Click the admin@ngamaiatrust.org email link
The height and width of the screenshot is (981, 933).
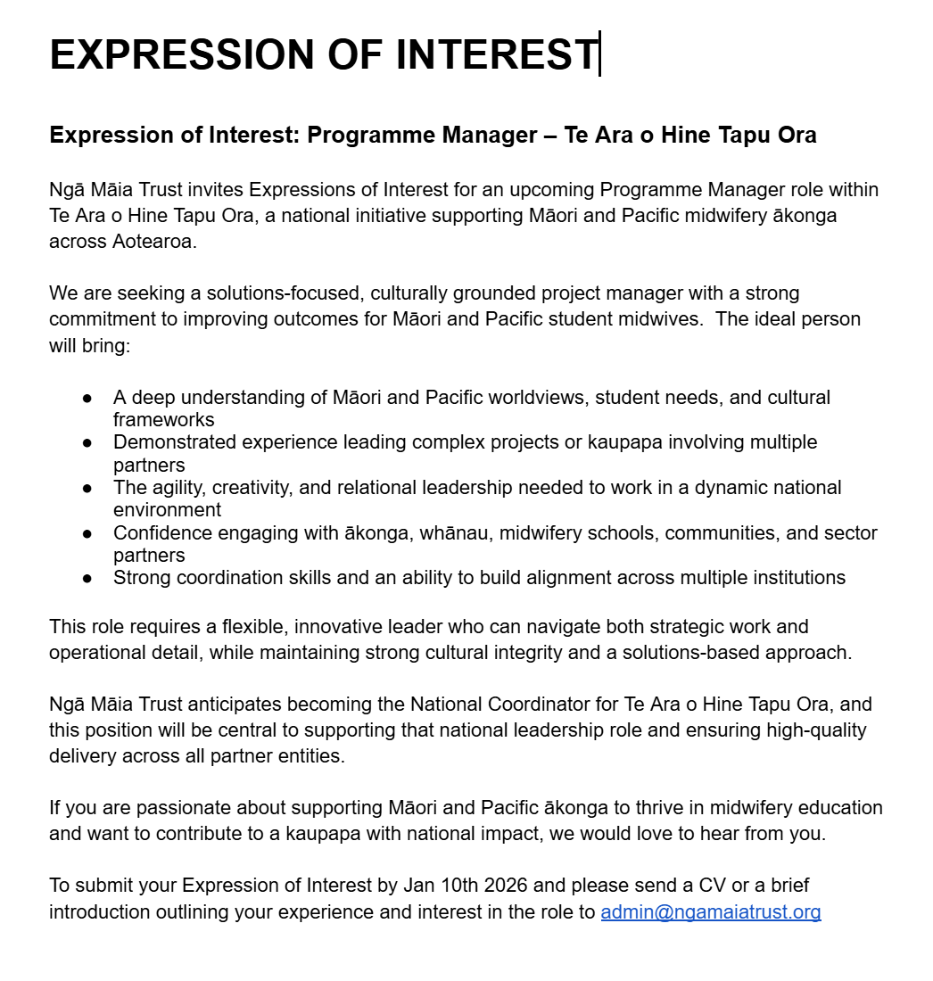pos(710,912)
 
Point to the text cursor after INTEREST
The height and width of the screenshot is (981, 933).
pos(599,54)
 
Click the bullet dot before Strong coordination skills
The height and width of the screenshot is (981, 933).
pos(87,578)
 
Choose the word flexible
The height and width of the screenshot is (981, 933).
pos(247,627)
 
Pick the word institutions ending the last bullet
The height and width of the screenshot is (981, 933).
pos(791,578)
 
